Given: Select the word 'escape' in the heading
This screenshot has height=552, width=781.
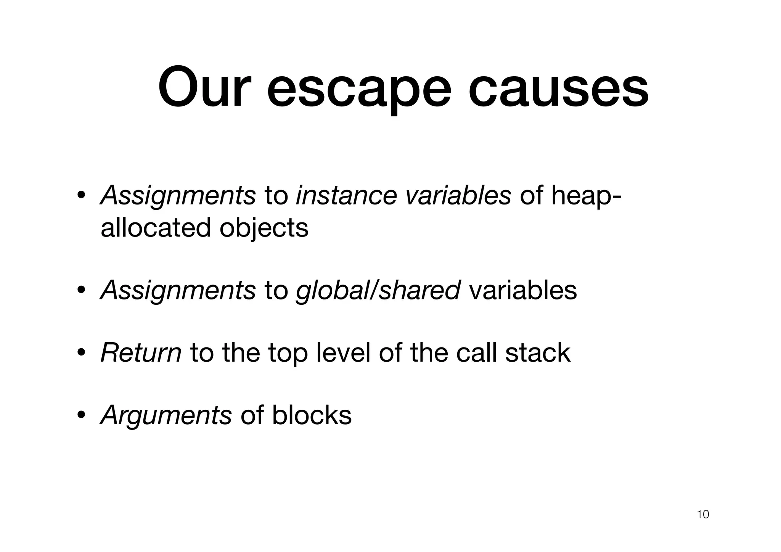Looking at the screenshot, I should (x=358, y=92).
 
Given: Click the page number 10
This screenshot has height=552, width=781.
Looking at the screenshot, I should (x=703, y=515).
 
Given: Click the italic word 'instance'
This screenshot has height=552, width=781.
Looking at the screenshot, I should (x=346, y=195).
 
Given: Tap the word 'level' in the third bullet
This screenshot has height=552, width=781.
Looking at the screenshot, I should (x=343, y=352).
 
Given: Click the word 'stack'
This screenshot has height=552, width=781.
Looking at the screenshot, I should (x=538, y=352).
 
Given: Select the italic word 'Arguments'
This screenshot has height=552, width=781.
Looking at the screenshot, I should (x=166, y=415).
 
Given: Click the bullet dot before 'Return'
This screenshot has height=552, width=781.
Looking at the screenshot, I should (x=81, y=353).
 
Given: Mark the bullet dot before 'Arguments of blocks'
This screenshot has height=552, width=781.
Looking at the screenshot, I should (x=81, y=415).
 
